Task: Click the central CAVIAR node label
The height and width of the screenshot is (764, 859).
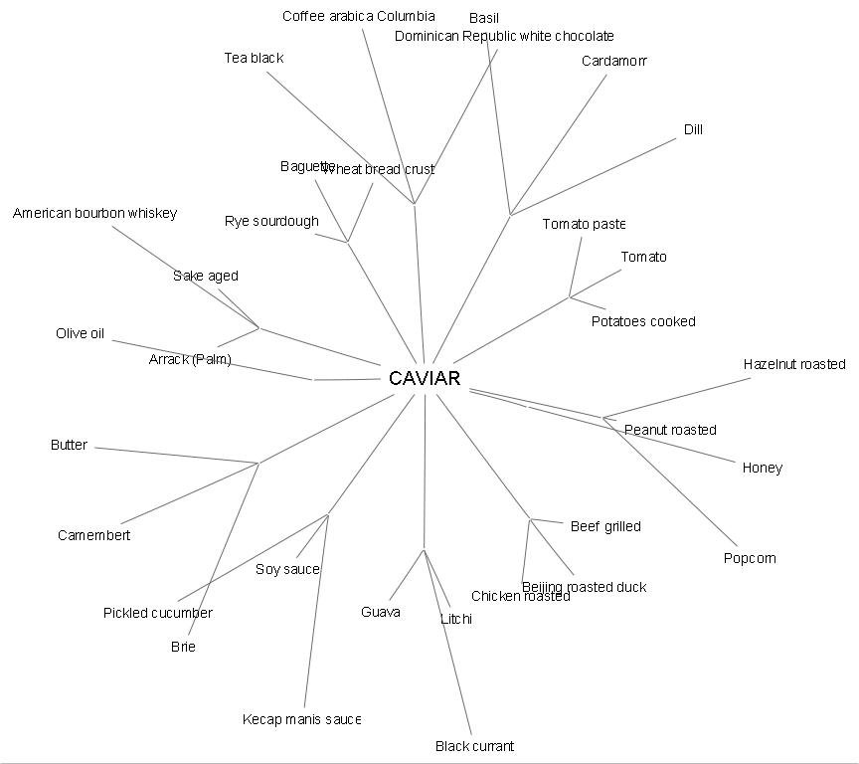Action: [x=425, y=379]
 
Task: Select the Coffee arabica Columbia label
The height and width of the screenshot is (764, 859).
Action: [x=358, y=16]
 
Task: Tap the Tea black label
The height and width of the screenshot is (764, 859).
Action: [x=254, y=58]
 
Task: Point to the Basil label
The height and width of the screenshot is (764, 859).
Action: [x=484, y=18]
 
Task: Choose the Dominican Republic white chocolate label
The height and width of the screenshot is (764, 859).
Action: [x=504, y=36]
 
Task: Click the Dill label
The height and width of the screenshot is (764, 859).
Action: [x=693, y=129]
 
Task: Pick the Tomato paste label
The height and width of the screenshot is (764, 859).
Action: [x=584, y=224]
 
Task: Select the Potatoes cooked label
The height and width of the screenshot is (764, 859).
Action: [x=643, y=321]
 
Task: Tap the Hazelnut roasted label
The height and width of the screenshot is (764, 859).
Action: [x=794, y=364]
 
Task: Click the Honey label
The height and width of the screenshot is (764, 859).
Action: [x=763, y=468]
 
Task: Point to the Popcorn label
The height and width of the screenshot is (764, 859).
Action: [x=750, y=558]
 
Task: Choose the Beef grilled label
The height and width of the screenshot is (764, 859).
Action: [x=605, y=526]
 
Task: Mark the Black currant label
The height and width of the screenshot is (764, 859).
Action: [x=474, y=746]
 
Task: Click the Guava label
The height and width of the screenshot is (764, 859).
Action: [x=381, y=612]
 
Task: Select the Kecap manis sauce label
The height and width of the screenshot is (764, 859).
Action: [x=301, y=719]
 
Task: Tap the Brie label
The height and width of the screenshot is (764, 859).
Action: [x=183, y=647]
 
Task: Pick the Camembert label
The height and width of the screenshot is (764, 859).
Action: [x=93, y=535]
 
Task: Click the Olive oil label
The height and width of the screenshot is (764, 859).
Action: [x=80, y=333]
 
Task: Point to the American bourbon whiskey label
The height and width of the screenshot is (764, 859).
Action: [x=94, y=213]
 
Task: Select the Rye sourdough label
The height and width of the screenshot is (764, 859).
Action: [x=271, y=221]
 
